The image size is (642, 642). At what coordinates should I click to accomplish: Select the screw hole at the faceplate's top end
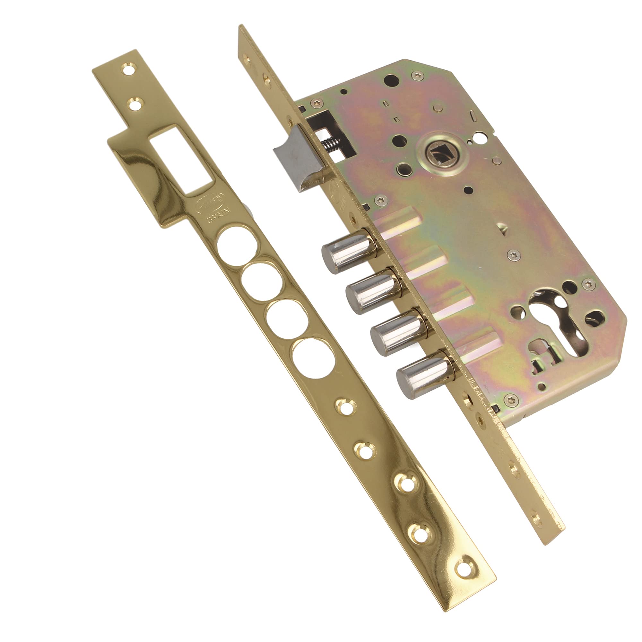click(x=247, y=59)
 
